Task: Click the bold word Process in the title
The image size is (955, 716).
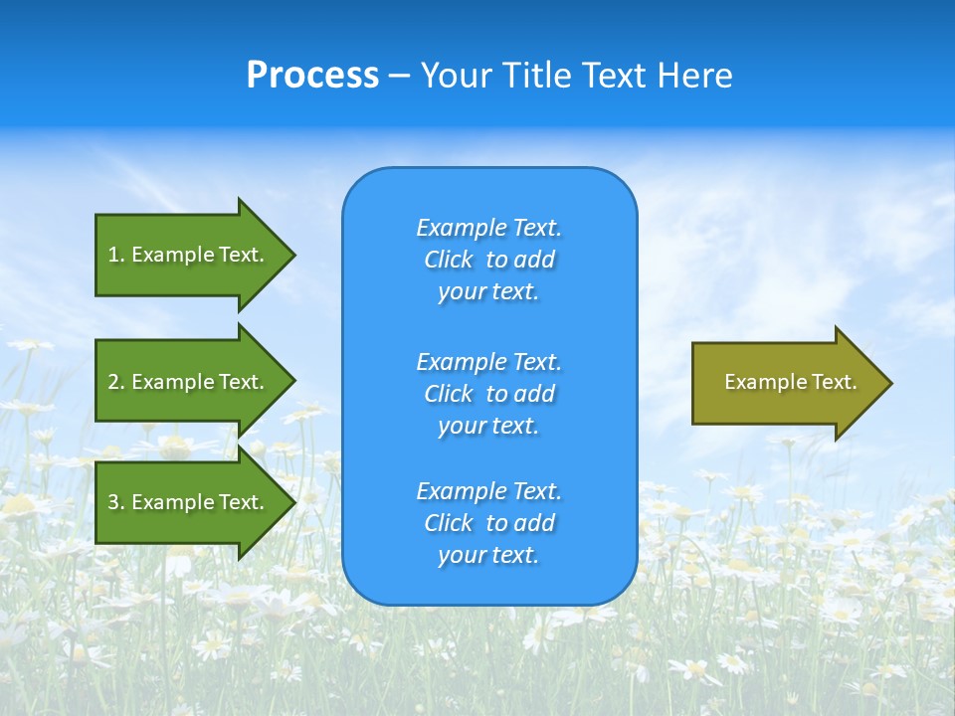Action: click(312, 76)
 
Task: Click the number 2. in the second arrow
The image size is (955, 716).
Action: click(115, 382)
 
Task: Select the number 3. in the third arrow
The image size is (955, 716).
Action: click(115, 502)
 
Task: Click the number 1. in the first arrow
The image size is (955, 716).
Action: click(115, 255)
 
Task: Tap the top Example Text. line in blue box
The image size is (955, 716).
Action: click(488, 228)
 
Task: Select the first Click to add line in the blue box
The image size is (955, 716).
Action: click(488, 260)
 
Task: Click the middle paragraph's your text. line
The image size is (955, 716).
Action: click(488, 426)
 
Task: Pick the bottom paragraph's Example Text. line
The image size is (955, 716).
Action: click(488, 491)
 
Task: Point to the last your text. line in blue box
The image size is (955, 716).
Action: click(488, 555)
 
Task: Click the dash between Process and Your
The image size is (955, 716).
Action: click(399, 76)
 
